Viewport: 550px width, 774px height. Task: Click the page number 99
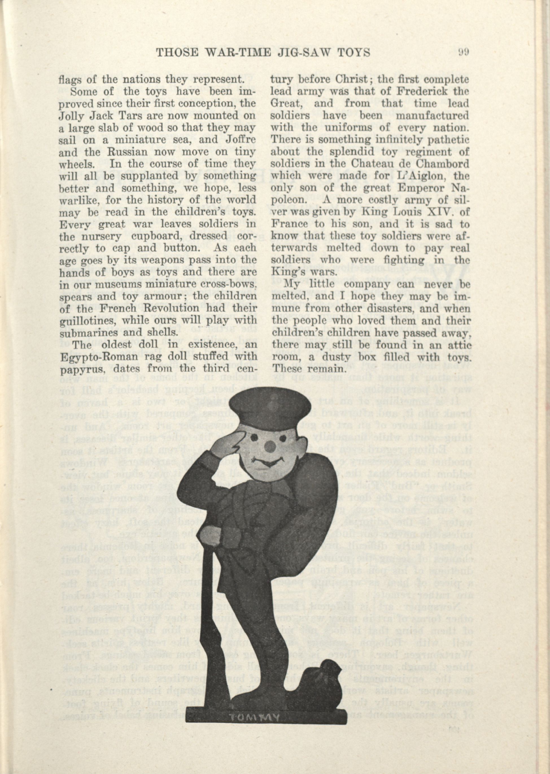pyautogui.click(x=463, y=52)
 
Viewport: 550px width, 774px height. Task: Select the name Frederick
pyautogui.click(x=413, y=92)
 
